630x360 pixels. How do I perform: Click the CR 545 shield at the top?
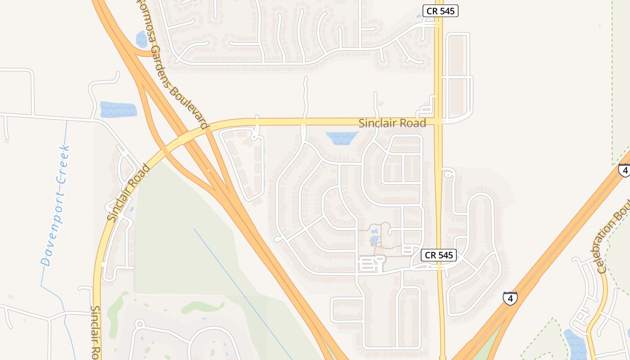(440, 11)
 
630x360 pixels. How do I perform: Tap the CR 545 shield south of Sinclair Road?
(439, 255)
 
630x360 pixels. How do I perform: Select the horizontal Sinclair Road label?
(392, 123)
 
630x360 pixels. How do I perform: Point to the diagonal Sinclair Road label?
(129, 193)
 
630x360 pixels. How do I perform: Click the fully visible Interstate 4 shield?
(510, 298)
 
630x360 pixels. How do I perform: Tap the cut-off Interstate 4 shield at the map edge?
(624, 170)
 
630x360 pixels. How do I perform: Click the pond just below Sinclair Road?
(342, 138)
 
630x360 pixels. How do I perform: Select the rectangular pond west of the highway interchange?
(118, 109)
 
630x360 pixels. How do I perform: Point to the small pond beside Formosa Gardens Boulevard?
(142, 39)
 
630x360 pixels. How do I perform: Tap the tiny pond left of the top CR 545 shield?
(419, 16)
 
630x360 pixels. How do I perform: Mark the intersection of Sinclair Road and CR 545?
(438, 121)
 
